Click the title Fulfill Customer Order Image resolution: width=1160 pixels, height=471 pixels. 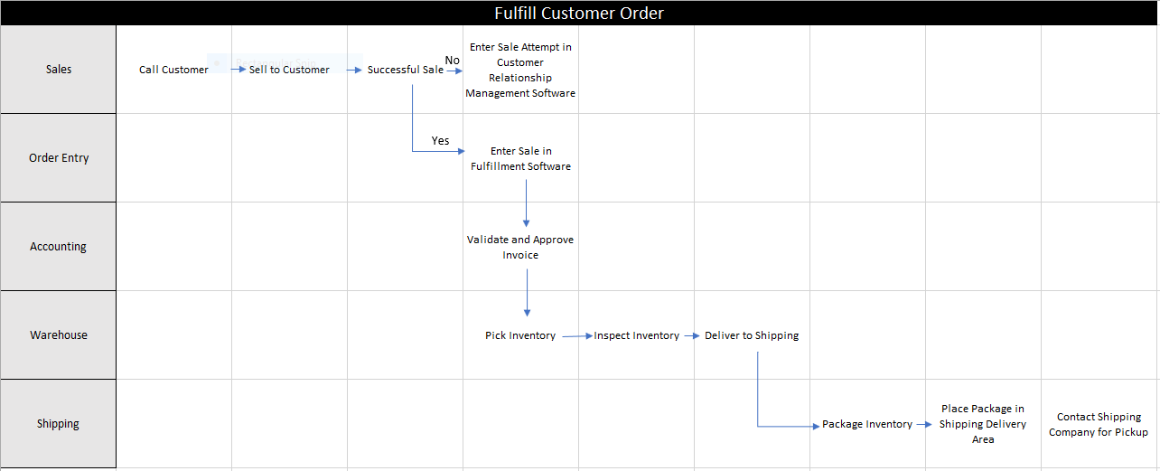pyautogui.click(x=579, y=13)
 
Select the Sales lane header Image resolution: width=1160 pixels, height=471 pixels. pyautogui.click(x=58, y=70)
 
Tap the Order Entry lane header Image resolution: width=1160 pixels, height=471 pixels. pyautogui.click(x=58, y=158)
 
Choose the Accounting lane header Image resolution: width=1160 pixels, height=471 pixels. pyautogui.click(x=58, y=247)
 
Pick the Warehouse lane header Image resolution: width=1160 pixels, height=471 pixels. pyautogui.click(x=58, y=335)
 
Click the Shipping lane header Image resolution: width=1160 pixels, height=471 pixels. pyautogui.click(x=58, y=424)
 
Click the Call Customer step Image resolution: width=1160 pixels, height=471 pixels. pyautogui.click(x=173, y=70)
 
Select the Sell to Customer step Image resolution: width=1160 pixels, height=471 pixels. pyautogui.click(x=289, y=70)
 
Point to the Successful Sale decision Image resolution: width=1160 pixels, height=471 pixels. pyautogui.click(x=405, y=70)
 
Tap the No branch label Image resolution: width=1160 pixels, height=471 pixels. pyautogui.click(x=453, y=61)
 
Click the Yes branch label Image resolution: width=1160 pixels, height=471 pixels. pyautogui.click(x=440, y=141)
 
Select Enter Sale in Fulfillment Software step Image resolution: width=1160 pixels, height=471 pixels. pyautogui.click(x=520, y=159)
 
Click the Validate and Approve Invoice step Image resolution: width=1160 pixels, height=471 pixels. pyautogui.click(x=520, y=248)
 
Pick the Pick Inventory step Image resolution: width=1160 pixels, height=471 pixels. pyautogui.click(x=520, y=335)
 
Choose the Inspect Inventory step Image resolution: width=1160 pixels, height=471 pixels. pyautogui.click(x=636, y=335)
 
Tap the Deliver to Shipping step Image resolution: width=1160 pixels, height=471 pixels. pyautogui.click(x=752, y=335)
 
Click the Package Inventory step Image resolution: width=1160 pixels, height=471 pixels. pyautogui.click(x=867, y=424)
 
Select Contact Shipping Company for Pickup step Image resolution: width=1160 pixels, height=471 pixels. pyautogui.click(x=1099, y=425)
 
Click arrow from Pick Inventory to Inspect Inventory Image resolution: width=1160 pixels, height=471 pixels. pyautogui.click(x=575, y=335)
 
